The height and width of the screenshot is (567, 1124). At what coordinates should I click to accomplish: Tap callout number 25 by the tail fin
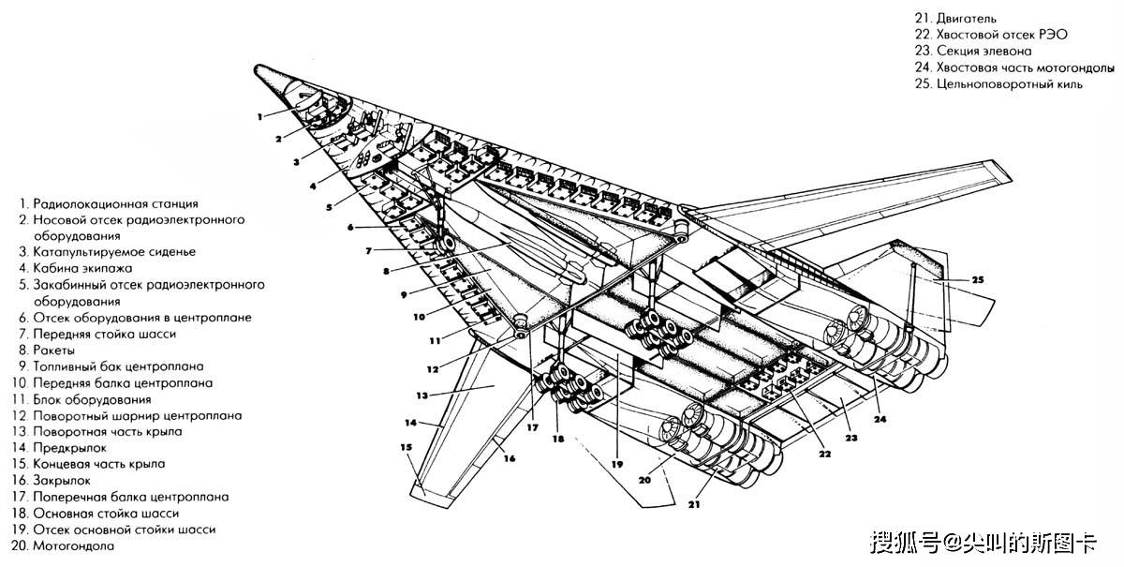click(x=976, y=280)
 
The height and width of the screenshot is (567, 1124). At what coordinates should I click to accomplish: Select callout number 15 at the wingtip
click(x=406, y=447)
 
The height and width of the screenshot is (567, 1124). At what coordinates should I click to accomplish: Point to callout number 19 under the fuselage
click(x=616, y=464)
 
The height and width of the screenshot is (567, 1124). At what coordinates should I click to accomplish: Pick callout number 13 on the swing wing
click(x=421, y=395)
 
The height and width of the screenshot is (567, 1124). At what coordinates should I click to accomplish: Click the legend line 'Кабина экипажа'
click(x=80, y=268)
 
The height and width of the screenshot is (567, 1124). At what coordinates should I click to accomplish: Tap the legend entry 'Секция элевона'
click(x=983, y=52)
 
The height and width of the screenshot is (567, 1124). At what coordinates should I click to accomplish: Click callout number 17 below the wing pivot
click(x=531, y=428)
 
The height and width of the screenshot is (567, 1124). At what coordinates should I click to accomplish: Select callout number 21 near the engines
click(x=694, y=504)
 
